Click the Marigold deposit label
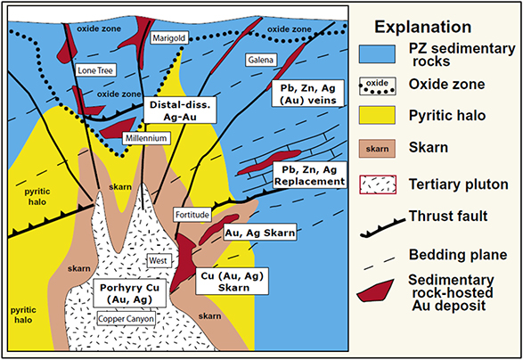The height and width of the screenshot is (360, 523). (168, 38)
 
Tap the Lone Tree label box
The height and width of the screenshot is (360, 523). (95, 70)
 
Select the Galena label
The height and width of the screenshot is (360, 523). (261, 60)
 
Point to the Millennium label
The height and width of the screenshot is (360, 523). (146, 138)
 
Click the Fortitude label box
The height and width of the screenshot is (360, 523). (192, 215)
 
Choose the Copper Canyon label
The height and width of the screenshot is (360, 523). (127, 319)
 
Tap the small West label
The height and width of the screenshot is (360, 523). (158, 260)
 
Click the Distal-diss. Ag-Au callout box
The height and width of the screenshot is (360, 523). (178, 110)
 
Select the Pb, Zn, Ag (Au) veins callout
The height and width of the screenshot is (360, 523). (307, 94)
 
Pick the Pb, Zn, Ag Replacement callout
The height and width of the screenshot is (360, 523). (309, 176)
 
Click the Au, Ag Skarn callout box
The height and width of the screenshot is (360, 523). (260, 233)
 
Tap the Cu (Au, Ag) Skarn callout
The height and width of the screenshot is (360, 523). (233, 282)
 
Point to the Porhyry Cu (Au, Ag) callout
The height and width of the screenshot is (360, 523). (130, 293)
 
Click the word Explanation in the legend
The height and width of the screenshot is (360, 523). (423, 27)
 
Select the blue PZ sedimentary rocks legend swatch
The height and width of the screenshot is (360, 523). (377, 54)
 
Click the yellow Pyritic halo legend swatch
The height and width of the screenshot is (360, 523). (377, 116)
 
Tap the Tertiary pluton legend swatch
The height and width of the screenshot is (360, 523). (378, 184)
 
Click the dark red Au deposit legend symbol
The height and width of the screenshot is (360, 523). (375, 290)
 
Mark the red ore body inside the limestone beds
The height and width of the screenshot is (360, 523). (269, 162)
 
